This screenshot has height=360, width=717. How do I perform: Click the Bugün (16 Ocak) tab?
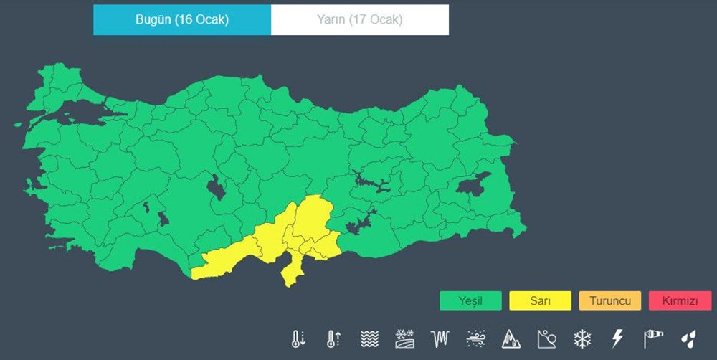coord(182,20)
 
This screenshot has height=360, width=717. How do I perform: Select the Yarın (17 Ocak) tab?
coord(359,20)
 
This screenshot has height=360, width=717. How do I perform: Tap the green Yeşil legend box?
coord(470,300)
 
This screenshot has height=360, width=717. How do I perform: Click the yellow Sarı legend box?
coord(540,300)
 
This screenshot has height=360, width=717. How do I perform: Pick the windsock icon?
coord(653,338)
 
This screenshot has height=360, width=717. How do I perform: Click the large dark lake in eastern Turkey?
coord(474,186)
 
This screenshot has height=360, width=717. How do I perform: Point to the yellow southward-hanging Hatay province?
coord(291,271)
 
